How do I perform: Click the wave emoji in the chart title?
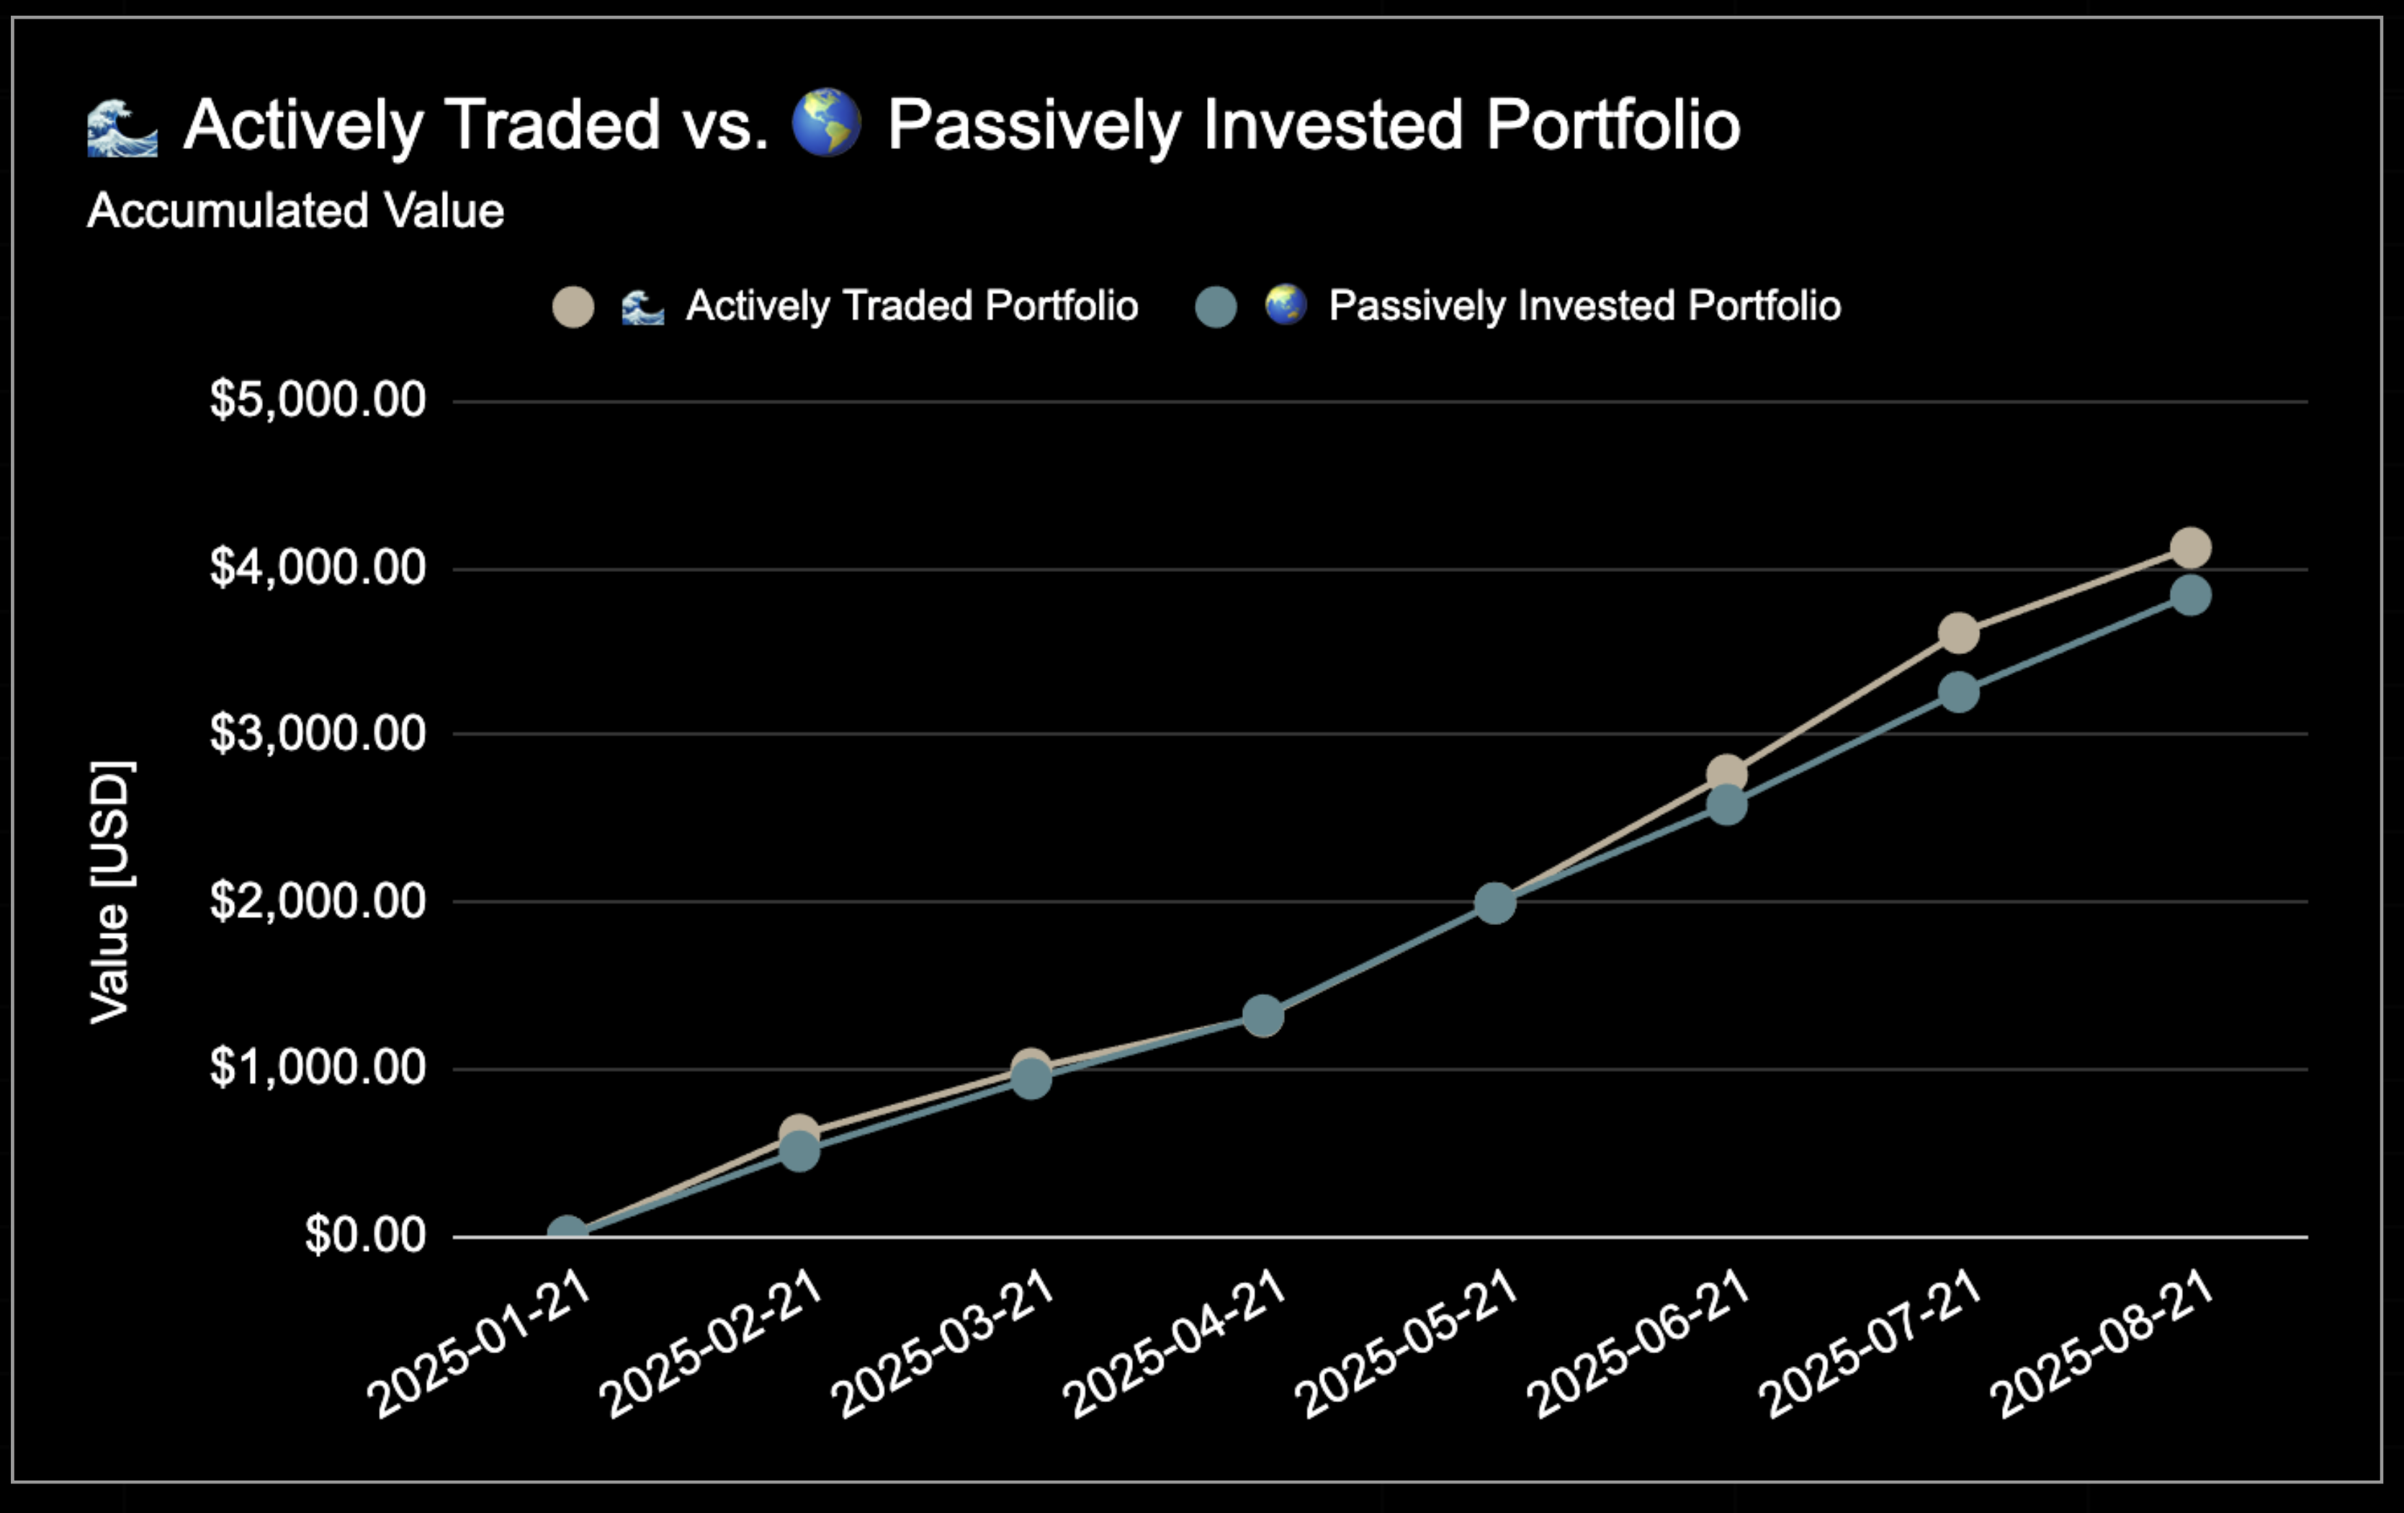click(122, 127)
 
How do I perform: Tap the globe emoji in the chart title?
click(825, 124)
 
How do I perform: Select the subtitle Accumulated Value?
click(295, 210)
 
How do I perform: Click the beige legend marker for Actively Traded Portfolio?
click(573, 307)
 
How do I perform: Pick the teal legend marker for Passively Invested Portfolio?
click(1216, 307)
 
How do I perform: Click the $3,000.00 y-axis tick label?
click(318, 734)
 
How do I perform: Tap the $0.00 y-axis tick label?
click(365, 1236)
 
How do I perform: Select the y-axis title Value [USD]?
click(111, 892)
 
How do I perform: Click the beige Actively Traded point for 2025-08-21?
click(2190, 548)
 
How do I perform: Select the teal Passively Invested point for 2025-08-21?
click(2190, 595)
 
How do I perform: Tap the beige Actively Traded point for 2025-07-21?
click(1959, 633)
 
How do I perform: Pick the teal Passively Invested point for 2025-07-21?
click(1959, 691)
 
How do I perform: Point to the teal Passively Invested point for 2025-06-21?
click(1727, 805)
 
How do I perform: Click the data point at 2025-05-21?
click(1494, 903)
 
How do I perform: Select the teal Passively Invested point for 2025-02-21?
click(799, 1151)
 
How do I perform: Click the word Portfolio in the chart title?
click(1613, 127)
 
